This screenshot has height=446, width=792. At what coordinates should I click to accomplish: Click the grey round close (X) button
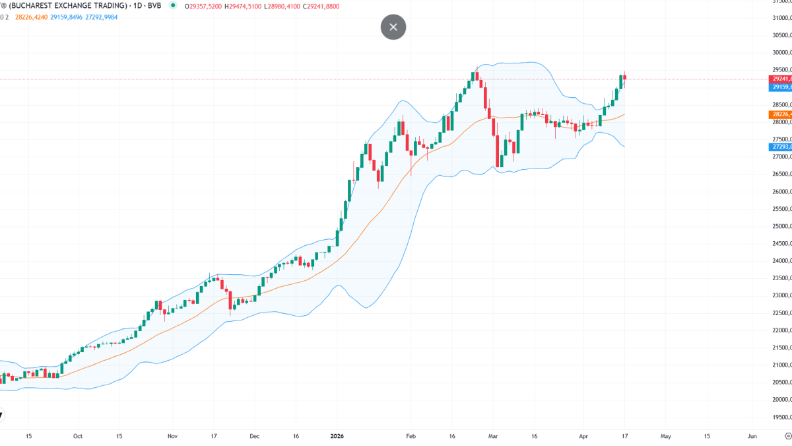[393, 27]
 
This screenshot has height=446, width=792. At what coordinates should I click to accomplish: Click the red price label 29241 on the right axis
[781, 79]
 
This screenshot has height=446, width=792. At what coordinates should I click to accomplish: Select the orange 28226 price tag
[781, 114]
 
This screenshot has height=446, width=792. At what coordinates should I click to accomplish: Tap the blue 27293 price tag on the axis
[781, 147]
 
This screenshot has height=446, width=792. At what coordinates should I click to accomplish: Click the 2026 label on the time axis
[337, 436]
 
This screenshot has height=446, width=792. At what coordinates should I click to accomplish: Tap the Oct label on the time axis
[78, 436]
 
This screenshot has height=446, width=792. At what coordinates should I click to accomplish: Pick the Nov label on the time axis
[173, 436]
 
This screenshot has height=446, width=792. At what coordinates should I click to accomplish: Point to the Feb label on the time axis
[411, 436]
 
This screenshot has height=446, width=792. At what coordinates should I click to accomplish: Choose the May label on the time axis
[666, 436]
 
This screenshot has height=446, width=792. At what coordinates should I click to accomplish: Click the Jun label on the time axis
[752, 436]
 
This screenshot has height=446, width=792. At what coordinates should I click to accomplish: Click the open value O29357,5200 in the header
[203, 6]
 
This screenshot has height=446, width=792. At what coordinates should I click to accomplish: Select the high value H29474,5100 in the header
[244, 6]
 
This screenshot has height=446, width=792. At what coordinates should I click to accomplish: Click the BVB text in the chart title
[155, 6]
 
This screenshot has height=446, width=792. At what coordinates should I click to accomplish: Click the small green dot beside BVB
[173, 5]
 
